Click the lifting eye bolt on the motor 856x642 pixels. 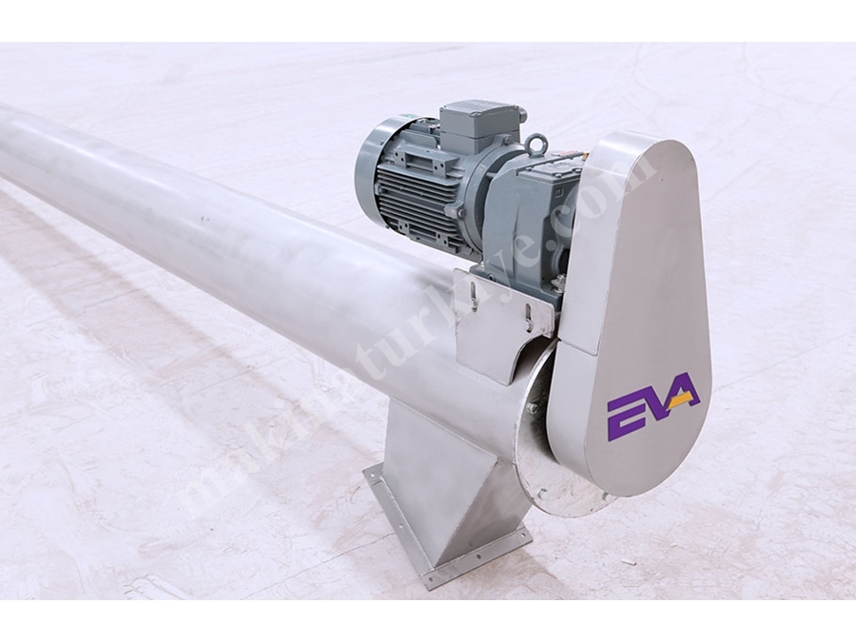tap(535, 145)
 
